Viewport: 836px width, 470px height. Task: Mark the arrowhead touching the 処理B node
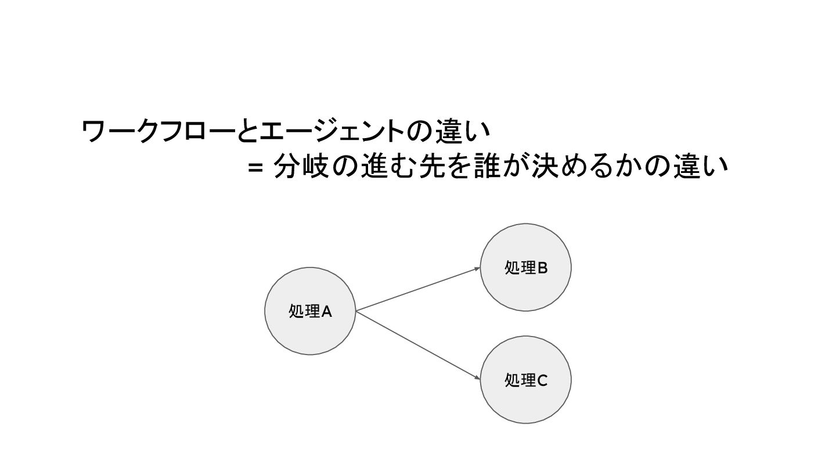click(x=477, y=268)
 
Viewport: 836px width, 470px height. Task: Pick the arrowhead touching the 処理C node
click(x=477, y=379)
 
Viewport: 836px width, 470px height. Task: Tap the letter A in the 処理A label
click(x=326, y=312)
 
